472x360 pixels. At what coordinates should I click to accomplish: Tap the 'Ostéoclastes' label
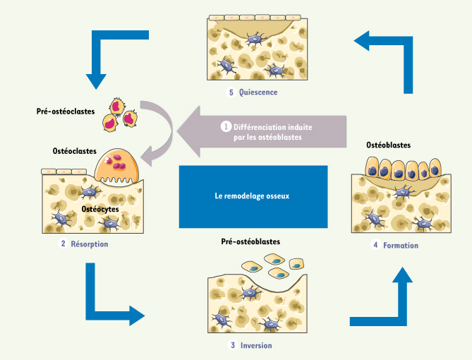coord(75,151)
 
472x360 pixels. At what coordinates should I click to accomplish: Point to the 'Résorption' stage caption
coord(89,244)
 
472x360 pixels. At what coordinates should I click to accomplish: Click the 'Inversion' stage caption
coord(256,345)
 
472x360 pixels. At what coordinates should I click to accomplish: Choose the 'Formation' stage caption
coord(401,245)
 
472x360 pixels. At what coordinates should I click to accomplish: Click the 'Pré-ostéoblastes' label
coord(250,241)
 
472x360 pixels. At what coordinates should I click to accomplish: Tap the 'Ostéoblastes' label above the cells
coord(389,145)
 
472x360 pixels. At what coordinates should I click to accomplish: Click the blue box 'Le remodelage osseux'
coord(253,196)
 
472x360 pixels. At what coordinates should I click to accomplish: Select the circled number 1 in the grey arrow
coord(226,127)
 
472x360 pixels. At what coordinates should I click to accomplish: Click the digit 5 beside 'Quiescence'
coord(230,92)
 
